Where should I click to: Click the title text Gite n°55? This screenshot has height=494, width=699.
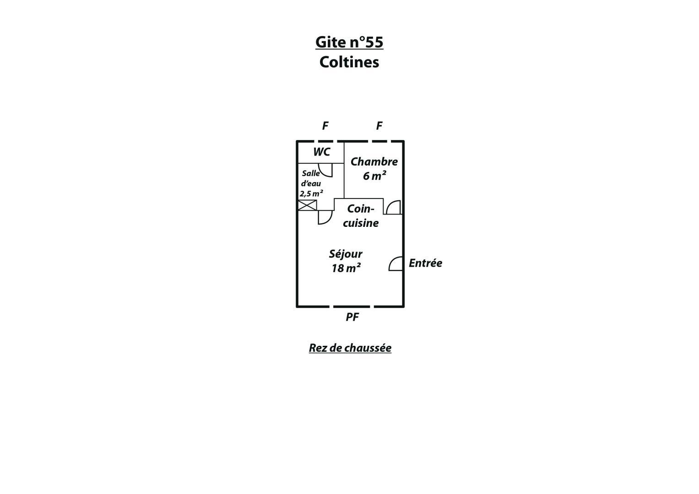(x=349, y=42)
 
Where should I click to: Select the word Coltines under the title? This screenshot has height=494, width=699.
(x=349, y=62)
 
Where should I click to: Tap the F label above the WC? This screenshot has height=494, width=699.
(x=325, y=126)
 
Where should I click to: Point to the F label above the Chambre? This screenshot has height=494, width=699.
(x=379, y=126)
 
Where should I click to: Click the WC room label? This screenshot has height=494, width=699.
(x=322, y=152)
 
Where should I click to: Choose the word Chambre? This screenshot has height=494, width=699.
(x=374, y=161)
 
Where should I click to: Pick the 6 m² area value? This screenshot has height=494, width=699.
(x=374, y=176)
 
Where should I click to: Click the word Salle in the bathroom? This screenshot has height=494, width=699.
(x=311, y=173)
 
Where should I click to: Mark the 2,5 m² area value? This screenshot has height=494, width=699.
(x=311, y=193)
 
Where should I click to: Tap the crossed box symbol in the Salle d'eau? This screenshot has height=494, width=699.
(x=307, y=205)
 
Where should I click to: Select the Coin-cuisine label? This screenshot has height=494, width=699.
(x=361, y=216)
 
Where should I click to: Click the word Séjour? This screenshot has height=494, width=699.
(x=346, y=254)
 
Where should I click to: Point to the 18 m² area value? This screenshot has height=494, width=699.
(x=346, y=268)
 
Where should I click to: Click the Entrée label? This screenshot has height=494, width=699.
(x=425, y=263)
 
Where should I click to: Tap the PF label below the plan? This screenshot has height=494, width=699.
(x=352, y=317)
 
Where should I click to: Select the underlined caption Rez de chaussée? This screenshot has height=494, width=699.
(x=350, y=348)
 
